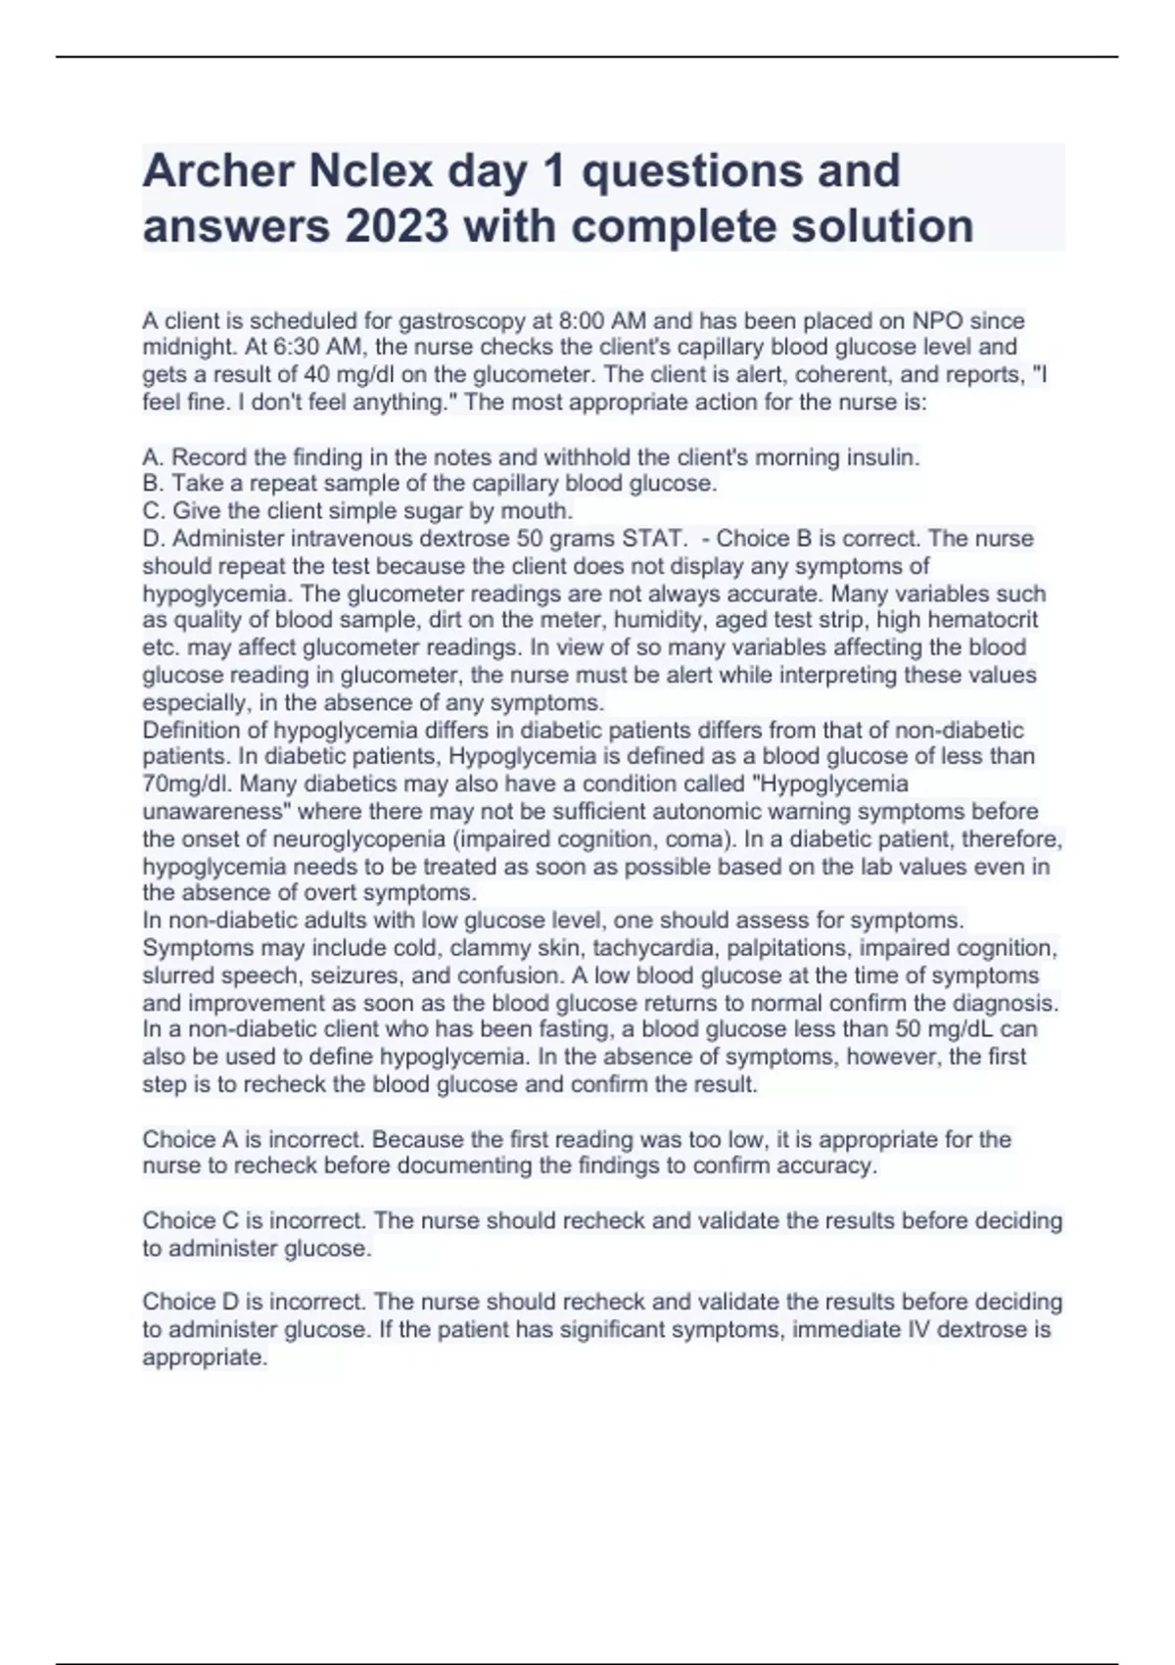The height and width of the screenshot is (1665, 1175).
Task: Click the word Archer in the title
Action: (x=217, y=171)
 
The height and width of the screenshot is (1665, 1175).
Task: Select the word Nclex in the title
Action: (x=371, y=171)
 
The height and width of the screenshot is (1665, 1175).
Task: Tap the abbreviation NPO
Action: (x=936, y=320)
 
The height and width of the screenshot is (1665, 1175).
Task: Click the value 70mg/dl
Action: (x=186, y=784)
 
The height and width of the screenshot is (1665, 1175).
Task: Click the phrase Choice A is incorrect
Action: (x=254, y=1139)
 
